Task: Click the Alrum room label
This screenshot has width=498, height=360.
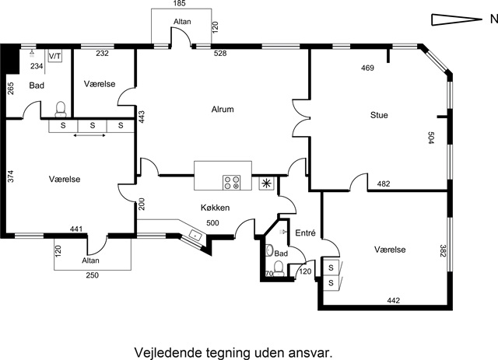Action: [x=223, y=110]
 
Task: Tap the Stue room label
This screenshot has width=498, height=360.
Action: [x=379, y=115]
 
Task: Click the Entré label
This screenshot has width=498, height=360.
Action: [x=303, y=232]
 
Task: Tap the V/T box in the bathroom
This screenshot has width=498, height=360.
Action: [x=55, y=56]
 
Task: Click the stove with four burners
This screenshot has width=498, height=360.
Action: [x=231, y=183]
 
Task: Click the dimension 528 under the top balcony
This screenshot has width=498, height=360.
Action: [x=220, y=54]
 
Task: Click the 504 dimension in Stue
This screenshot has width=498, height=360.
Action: [x=431, y=138]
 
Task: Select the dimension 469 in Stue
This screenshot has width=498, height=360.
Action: [x=367, y=68]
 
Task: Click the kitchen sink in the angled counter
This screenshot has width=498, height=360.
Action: [x=195, y=232]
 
